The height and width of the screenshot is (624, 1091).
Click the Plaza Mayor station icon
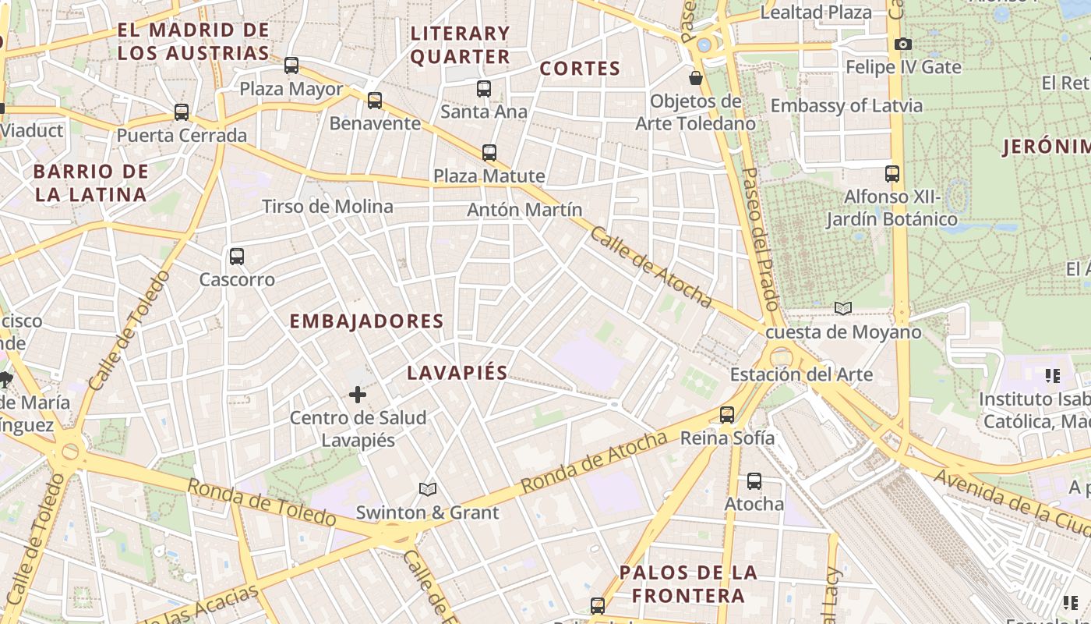[x=291, y=66]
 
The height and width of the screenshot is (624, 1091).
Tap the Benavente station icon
[x=375, y=100]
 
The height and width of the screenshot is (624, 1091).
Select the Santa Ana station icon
[x=484, y=88]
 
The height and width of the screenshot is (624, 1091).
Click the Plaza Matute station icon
[x=489, y=152]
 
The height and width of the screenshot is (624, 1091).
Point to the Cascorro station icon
[x=237, y=256]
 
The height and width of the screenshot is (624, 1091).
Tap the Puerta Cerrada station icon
[x=182, y=112]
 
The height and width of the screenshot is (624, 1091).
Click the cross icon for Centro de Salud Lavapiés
[x=358, y=395]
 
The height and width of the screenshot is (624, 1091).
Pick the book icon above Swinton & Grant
[x=427, y=489]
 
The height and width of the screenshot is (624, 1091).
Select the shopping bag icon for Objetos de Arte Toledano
[x=696, y=78]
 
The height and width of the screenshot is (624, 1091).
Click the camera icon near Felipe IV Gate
[x=903, y=44]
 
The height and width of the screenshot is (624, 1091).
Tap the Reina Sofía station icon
[x=727, y=414]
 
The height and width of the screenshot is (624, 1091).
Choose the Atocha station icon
[x=754, y=480]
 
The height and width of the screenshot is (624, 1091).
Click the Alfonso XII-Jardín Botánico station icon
[x=892, y=173]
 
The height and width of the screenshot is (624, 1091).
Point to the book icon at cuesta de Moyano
[x=843, y=308]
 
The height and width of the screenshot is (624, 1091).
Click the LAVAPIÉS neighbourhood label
[x=457, y=373]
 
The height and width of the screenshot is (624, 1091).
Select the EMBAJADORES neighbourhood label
[x=367, y=321]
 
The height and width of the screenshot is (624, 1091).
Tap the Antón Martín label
[x=524, y=210]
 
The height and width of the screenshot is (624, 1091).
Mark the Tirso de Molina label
[x=327, y=207]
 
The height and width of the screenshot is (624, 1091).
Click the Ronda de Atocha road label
[x=594, y=462]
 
